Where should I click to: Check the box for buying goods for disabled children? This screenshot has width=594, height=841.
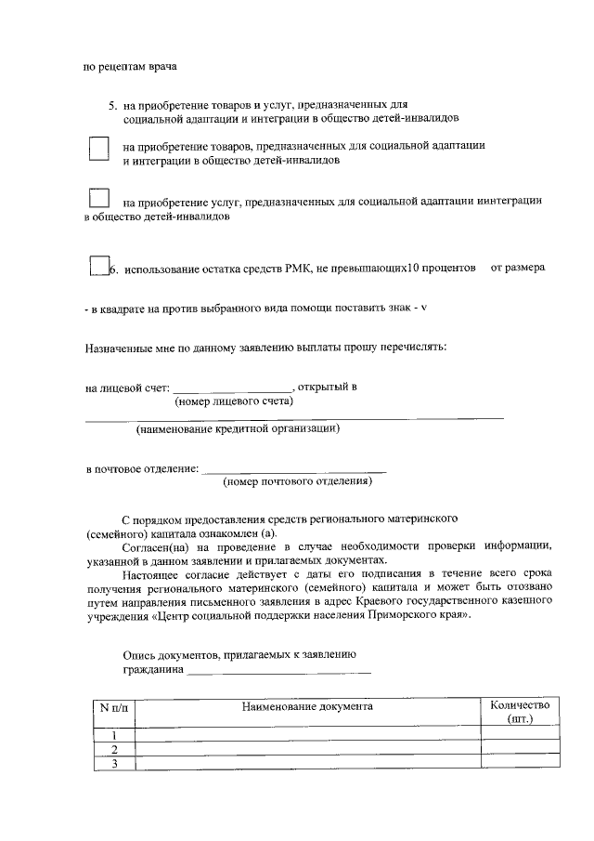(98, 151)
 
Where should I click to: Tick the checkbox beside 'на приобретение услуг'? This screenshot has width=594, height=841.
(98, 200)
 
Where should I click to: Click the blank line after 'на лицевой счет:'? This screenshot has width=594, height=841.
(232, 388)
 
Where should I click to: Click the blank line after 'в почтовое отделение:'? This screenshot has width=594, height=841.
(293, 468)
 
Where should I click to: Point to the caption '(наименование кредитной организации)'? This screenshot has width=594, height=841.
(237, 429)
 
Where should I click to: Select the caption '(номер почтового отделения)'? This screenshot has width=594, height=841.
(298, 482)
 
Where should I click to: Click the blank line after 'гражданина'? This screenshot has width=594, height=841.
(278, 671)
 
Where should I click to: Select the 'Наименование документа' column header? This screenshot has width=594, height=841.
(307, 707)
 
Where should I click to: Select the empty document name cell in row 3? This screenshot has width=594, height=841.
(307, 764)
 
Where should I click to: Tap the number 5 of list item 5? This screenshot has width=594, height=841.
(111, 106)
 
